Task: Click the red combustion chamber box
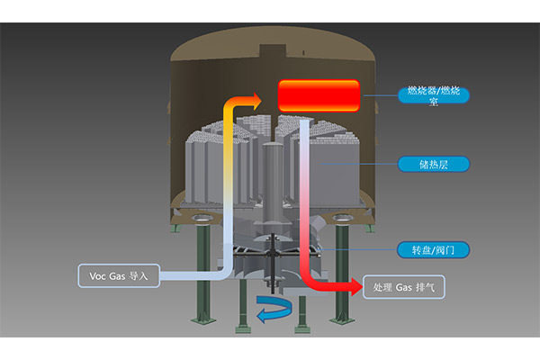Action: pyautogui.click(x=319, y=94)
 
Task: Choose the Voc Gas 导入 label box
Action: pyautogui.click(x=119, y=275)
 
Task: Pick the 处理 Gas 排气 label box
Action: pyautogui.click(x=404, y=288)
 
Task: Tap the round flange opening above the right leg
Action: pyautogui.click(x=342, y=220)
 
